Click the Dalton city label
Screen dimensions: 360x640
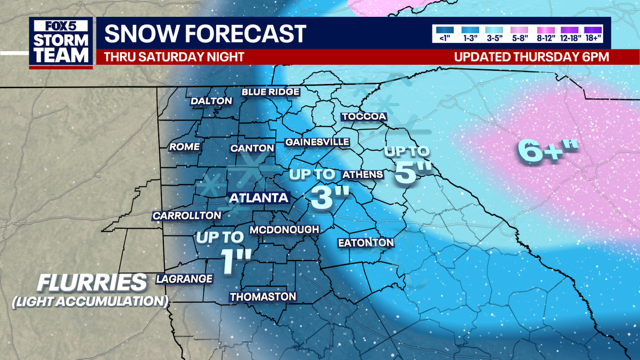click(x=212, y=100)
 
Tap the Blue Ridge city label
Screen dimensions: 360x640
click(x=270, y=93)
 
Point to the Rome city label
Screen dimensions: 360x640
click(x=185, y=146)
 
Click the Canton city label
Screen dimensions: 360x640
click(x=252, y=149)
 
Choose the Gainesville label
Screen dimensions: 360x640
click(x=317, y=142)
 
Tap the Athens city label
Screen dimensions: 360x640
click(x=364, y=174)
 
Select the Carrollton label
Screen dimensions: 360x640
click(x=187, y=215)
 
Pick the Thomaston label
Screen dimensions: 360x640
click(x=263, y=297)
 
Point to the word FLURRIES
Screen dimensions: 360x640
click(x=87, y=283)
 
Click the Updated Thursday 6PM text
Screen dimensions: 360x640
click(x=530, y=56)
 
